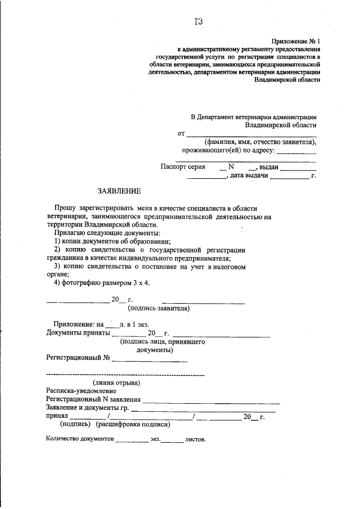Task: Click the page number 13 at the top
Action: coord(198,22)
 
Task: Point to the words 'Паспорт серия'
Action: coord(183,167)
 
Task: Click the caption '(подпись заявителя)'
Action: coord(159,308)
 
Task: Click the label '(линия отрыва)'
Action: coord(116,382)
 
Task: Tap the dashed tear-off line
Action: coord(124,375)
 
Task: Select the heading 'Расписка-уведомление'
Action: coord(80,390)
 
